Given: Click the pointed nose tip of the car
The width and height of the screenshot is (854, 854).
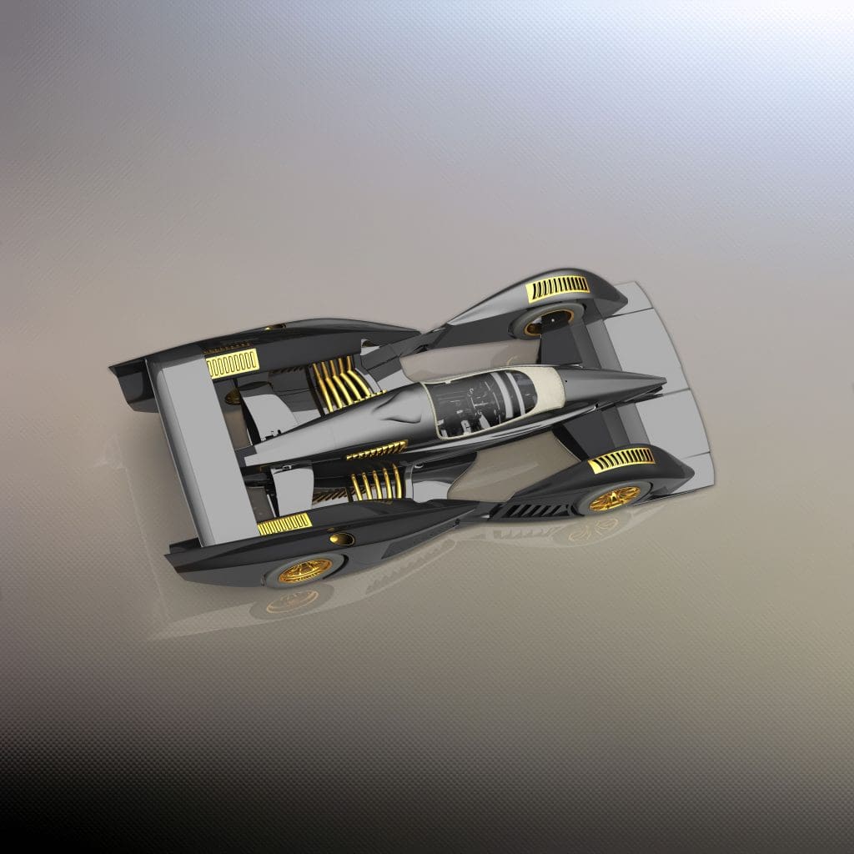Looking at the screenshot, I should [660, 383].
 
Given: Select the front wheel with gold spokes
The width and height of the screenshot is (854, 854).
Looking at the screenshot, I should [615, 498].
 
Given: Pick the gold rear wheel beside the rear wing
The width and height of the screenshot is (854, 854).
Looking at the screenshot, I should [304, 570].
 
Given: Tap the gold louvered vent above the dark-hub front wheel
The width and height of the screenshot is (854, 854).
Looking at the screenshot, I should [558, 287].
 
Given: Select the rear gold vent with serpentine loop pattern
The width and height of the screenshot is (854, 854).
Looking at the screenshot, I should [232, 364].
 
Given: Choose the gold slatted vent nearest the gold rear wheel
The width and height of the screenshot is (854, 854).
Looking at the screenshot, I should [284, 524].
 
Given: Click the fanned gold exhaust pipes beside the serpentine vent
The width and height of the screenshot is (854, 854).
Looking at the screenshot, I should [340, 384].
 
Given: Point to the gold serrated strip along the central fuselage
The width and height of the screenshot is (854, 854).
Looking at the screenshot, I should [376, 450].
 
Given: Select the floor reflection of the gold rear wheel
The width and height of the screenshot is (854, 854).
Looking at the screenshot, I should [292, 602].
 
